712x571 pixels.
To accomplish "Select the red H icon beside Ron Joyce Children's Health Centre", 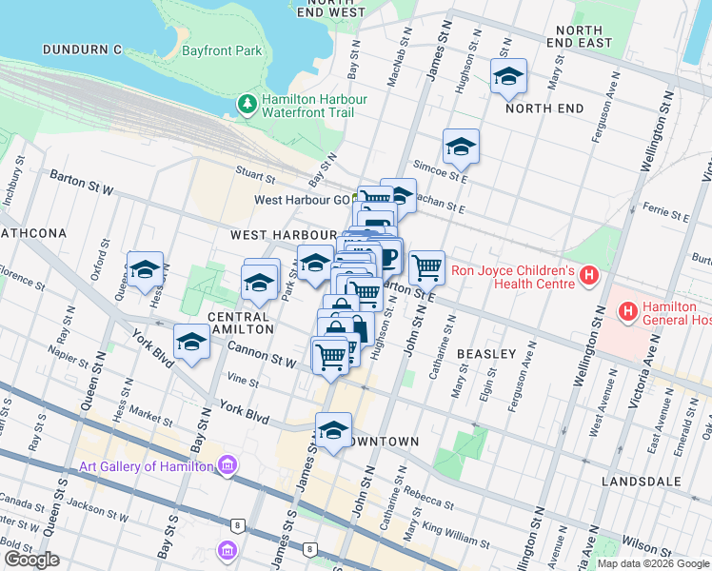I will pos(588,277).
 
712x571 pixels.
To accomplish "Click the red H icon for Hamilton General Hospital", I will pos(627,310).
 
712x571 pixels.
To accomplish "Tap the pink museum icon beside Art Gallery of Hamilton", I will pos(227,465).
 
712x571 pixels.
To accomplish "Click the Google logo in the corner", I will pos(31,560).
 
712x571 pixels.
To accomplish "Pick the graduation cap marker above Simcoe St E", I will pos(461,148).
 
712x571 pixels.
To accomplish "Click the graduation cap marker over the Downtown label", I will pos(333,431).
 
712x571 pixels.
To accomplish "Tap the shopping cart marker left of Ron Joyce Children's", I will pos(426,267).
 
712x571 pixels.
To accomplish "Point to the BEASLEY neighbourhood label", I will pos(486,354).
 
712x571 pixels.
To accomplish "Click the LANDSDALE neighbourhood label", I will pos(637,482).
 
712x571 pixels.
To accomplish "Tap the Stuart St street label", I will pos(256,177).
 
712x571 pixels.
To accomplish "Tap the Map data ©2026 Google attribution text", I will pos(653,563).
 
